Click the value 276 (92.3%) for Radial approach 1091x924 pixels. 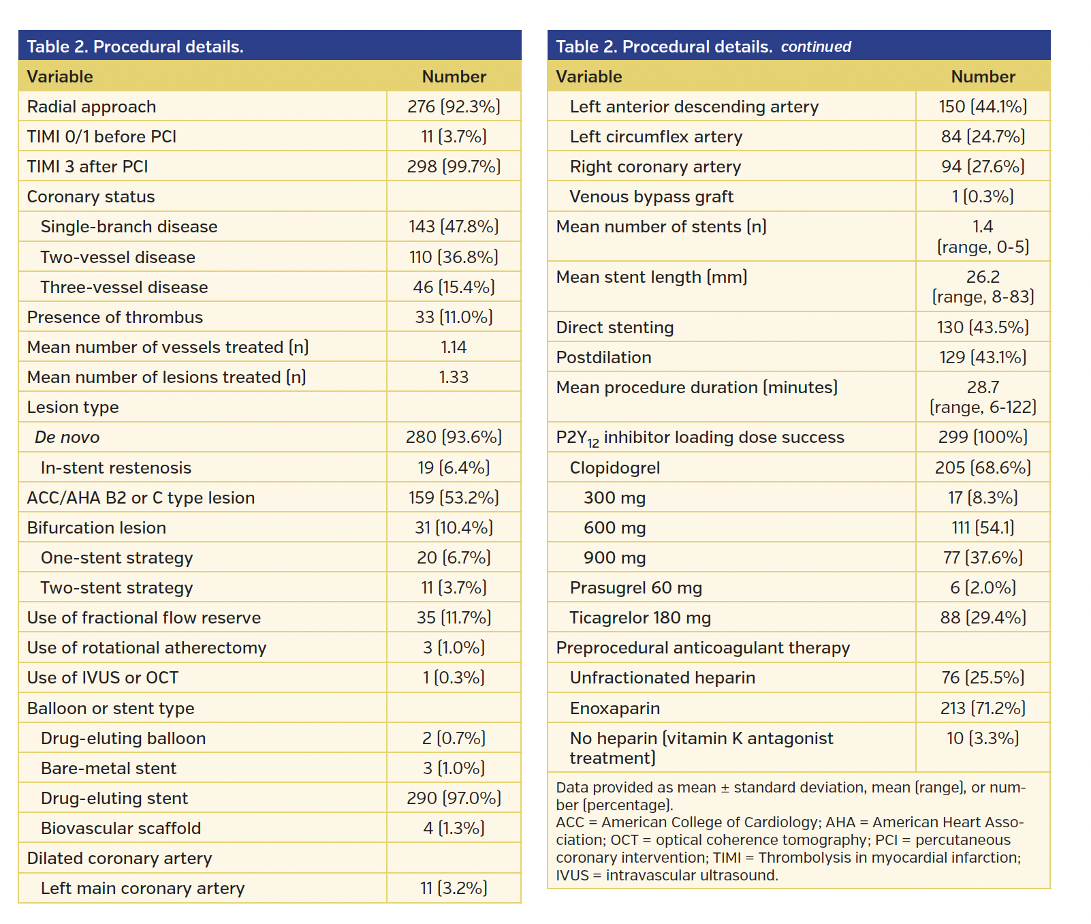click(x=454, y=106)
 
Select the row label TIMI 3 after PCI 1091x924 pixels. click(x=87, y=166)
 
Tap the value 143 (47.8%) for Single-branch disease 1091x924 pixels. click(x=454, y=226)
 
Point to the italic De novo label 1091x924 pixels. click(x=67, y=437)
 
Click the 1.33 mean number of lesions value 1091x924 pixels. click(x=454, y=377)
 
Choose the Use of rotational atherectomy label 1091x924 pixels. click(x=146, y=647)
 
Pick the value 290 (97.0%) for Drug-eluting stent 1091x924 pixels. click(x=454, y=798)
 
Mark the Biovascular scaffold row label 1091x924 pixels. click(x=121, y=828)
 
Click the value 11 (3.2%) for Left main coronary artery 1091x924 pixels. click(x=454, y=888)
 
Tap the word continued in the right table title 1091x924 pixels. click(x=815, y=46)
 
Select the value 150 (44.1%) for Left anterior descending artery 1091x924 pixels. click(x=983, y=106)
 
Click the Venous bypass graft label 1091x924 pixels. click(x=651, y=196)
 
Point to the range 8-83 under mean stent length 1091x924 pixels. click(x=983, y=296)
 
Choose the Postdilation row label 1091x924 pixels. click(x=603, y=357)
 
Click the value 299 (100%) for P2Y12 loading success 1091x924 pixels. click(x=983, y=437)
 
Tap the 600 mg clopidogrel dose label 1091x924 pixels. click(x=614, y=527)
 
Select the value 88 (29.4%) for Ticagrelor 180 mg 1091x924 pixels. click(x=983, y=617)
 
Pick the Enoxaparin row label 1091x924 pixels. click(x=614, y=708)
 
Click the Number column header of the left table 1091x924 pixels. click(x=454, y=76)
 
